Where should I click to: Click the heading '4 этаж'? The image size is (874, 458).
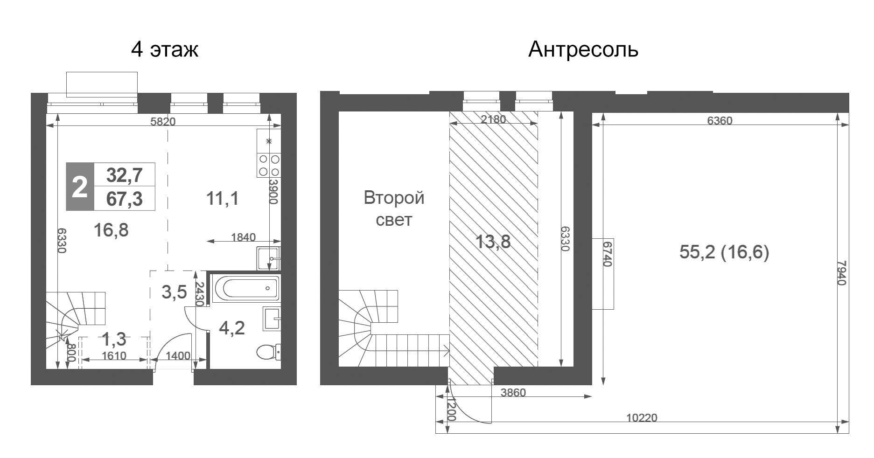165,49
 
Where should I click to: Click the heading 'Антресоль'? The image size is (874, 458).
583,49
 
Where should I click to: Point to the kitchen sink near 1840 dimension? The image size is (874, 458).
268,259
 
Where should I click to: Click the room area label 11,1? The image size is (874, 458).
223,199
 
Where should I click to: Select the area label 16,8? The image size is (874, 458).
111,230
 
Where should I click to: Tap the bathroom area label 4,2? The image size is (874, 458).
232,328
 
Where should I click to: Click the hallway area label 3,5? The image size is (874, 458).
174,292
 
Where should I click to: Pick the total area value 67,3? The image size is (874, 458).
125,200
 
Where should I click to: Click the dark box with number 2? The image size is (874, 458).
80,187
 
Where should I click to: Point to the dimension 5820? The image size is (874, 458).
163,122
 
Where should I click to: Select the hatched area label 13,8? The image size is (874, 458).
493,242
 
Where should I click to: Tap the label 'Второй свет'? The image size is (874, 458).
394,208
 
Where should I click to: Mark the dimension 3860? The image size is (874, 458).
513,393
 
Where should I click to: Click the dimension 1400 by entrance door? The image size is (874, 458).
178,356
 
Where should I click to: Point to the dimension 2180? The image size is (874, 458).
493,119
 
